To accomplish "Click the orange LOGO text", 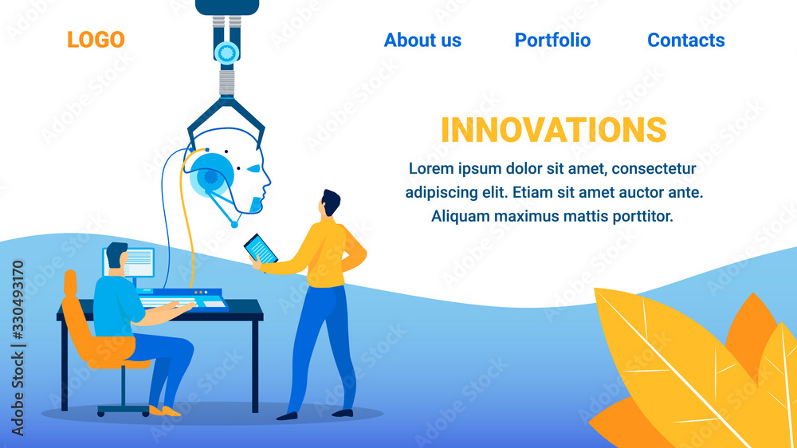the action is pyautogui.click(x=96, y=40).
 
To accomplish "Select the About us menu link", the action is pyautogui.click(x=422, y=40).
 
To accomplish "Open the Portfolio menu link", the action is pyautogui.click(x=552, y=40).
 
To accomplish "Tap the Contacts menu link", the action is pyautogui.click(x=685, y=40).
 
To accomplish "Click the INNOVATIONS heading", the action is pyautogui.click(x=554, y=130).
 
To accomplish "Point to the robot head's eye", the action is pyautogui.click(x=253, y=168).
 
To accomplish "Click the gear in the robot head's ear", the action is pyautogui.click(x=211, y=177).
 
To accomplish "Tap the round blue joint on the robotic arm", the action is pyautogui.click(x=226, y=53).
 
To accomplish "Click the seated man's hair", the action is pyautogui.click(x=116, y=253).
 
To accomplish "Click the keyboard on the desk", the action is pyautogui.click(x=167, y=302).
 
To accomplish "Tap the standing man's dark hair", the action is pyautogui.click(x=331, y=202).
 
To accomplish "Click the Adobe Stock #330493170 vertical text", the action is pyautogui.click(x=18, y=348).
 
